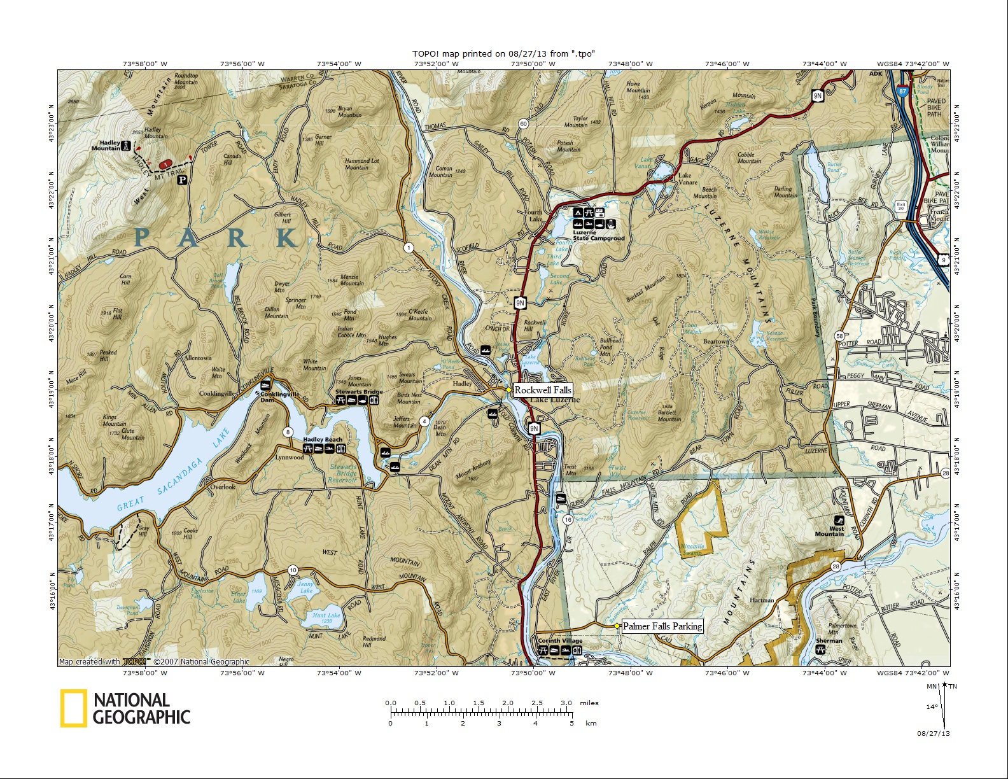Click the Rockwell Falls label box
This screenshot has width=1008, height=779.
(543, 390)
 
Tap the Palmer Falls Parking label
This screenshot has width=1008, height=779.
(662, 626)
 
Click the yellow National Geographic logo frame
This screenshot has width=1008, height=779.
(74, 708)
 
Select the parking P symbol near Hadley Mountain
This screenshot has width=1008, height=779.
(182, 180)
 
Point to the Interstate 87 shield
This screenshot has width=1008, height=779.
(902, 91)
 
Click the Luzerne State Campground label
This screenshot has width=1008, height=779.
(598, 235)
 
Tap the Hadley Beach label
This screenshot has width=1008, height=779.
(323, 440)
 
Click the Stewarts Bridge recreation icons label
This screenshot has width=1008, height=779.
(358, 392)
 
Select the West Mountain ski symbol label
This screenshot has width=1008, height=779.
(829, 531)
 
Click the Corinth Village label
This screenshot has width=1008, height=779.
(560, 641)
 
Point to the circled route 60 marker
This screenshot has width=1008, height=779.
(523, 123)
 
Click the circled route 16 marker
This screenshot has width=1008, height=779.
(568, 519)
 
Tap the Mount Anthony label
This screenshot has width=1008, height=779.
(473, 469)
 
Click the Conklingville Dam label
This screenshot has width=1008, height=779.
(280, 397)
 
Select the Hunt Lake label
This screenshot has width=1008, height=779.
(326, 615)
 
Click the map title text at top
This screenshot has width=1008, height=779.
(503, 54)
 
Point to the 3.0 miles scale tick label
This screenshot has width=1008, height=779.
(566, 703)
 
